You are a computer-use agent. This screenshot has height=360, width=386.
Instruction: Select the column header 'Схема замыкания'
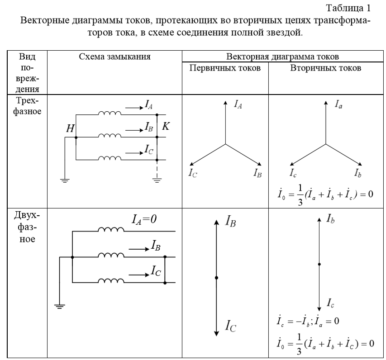click(x=114, y=57)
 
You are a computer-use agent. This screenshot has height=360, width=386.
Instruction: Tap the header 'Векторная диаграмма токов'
click(x=284, y=57)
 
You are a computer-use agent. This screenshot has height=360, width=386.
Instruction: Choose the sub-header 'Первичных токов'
click(x=225, y=68)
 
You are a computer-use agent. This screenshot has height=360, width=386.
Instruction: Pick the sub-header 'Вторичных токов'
click(x=326, y=68)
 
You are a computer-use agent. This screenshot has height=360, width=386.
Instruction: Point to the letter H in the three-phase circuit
click(x=70, y=130)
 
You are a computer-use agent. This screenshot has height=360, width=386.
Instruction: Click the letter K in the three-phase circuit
click(x=166, y=127)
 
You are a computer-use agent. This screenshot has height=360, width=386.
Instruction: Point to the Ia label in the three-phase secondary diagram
click(x=338, y=104)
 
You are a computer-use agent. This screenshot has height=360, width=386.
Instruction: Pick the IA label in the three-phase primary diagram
click(x=238, y=104)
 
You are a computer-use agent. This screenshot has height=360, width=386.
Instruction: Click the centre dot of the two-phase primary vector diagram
click(x=217, y=278)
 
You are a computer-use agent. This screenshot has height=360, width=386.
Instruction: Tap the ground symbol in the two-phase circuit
click(x=60, y=306)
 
